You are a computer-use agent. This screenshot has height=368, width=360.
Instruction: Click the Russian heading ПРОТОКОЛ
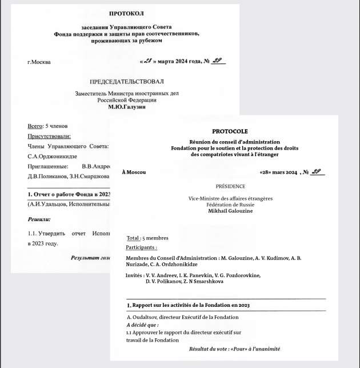click(x=126, y=13)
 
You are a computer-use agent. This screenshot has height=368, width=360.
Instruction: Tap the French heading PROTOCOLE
click(x=230, y=131)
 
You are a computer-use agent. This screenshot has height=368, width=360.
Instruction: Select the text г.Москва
click(x=38, y=62)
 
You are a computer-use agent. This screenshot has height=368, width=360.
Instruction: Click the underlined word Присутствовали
click(x=50, y=136)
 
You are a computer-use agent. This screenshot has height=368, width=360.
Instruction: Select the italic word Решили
click(x=39, y=219)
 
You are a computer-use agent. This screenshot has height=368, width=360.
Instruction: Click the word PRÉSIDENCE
click(x=230, y=186)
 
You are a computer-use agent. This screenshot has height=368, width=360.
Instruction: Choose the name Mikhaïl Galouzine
click(x=230, y=211)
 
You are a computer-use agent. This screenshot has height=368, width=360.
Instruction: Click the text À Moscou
click(x=134, y=172)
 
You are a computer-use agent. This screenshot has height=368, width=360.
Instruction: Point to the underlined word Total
click(x=133, y=238)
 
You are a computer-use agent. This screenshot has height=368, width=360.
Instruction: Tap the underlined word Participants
click(x=141, y=248)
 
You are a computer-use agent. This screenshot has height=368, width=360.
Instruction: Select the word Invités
click(x=134, y=275)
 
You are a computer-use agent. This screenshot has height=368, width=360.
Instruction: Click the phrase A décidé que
click(x=142, y=325)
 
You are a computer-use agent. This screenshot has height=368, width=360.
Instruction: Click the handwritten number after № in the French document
click(x=317, y=171)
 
